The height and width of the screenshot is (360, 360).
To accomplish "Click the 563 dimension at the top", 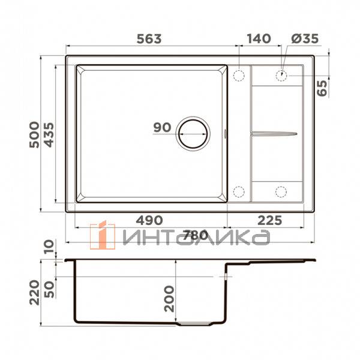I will [150, 39].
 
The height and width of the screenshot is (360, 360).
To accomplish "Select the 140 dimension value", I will [259, 39].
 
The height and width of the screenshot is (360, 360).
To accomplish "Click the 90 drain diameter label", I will [162, 127].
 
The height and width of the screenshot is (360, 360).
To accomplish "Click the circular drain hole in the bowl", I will [193, 133].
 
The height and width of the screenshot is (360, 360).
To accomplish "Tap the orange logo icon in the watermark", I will [102, 235].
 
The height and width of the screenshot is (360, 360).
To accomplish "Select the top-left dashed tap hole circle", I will [238, 76].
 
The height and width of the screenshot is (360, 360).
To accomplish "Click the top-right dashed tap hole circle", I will [281, 75].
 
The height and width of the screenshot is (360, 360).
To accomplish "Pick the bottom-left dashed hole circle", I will [238, 191].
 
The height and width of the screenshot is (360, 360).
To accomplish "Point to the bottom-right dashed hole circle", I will [281, 191].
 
